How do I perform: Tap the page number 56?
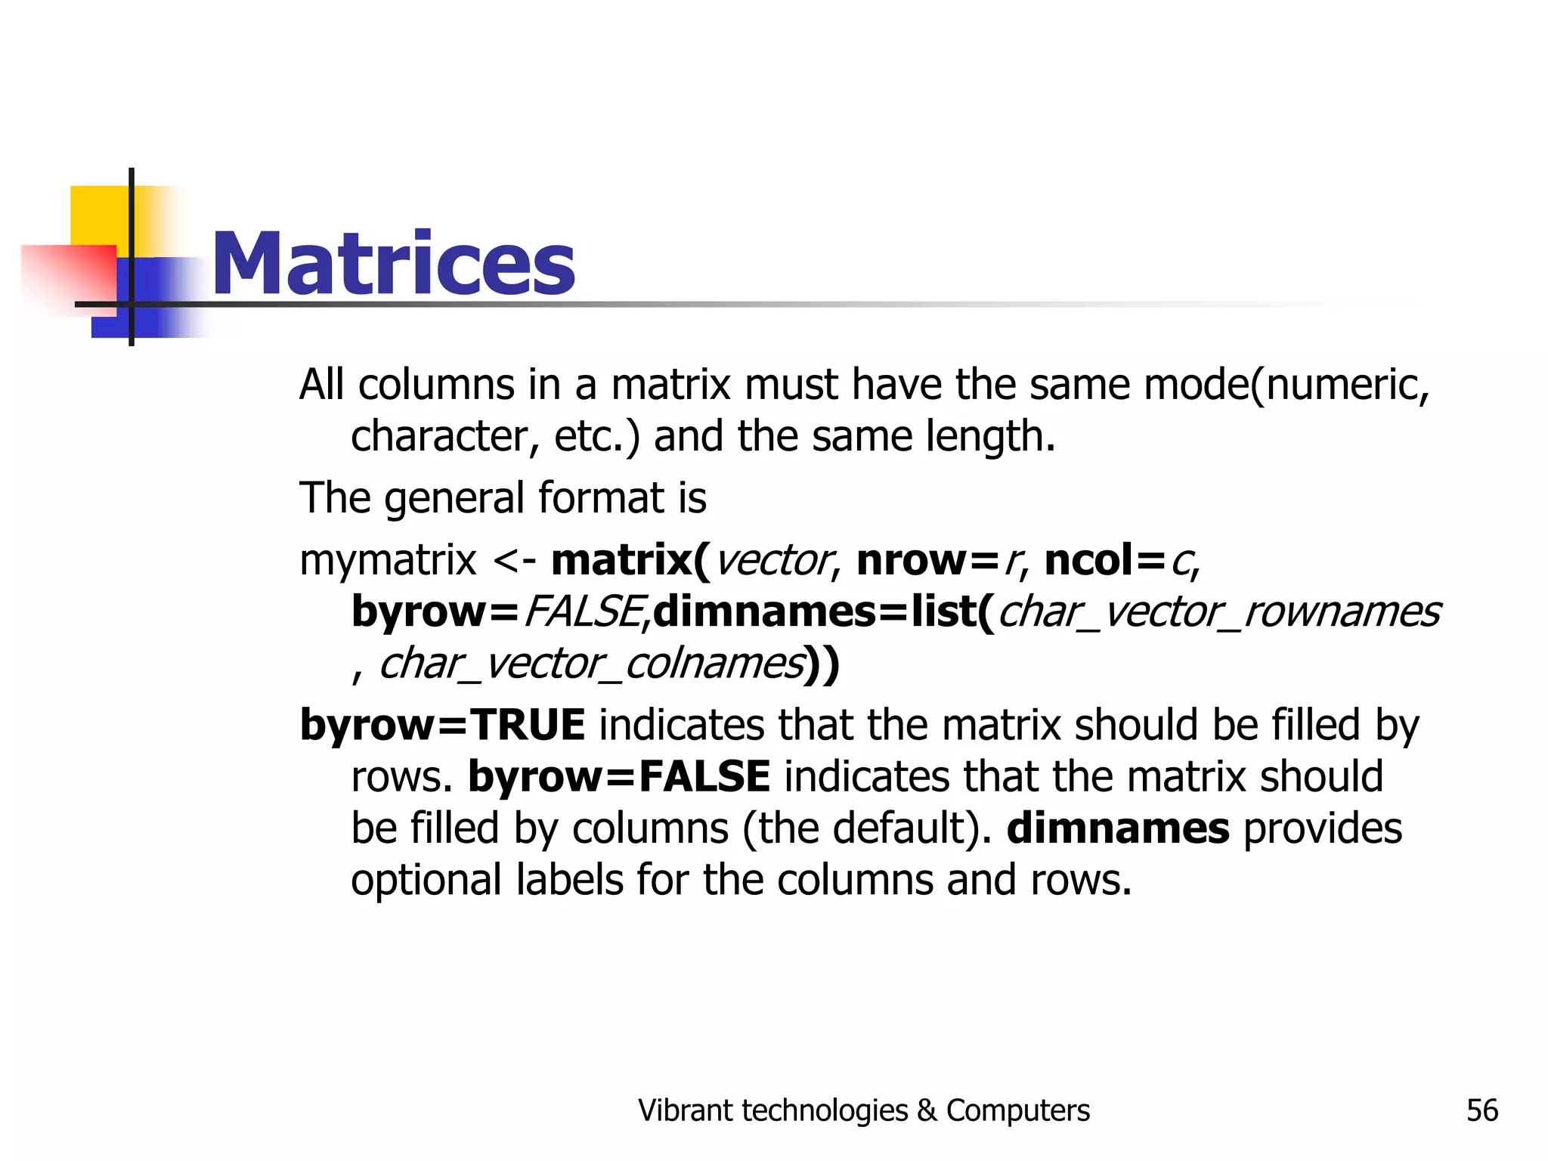pyautogui.click(x=1481, y=1110)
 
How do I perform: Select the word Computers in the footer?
pyautogui.click(x=1017, y=1110)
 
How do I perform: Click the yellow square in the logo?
pyautogui.click(x=98, y=215)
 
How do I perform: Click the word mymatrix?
pyautogui.click(x=388, y=561)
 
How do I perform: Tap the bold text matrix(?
pyautogui.click(x=630, y=560)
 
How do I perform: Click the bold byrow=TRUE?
pyautogui.click(x=442, y=725)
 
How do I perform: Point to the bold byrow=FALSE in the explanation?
pyautogui.click(x=619, y=776)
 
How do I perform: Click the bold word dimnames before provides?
pyautogui.click(x=1118, y=828)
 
